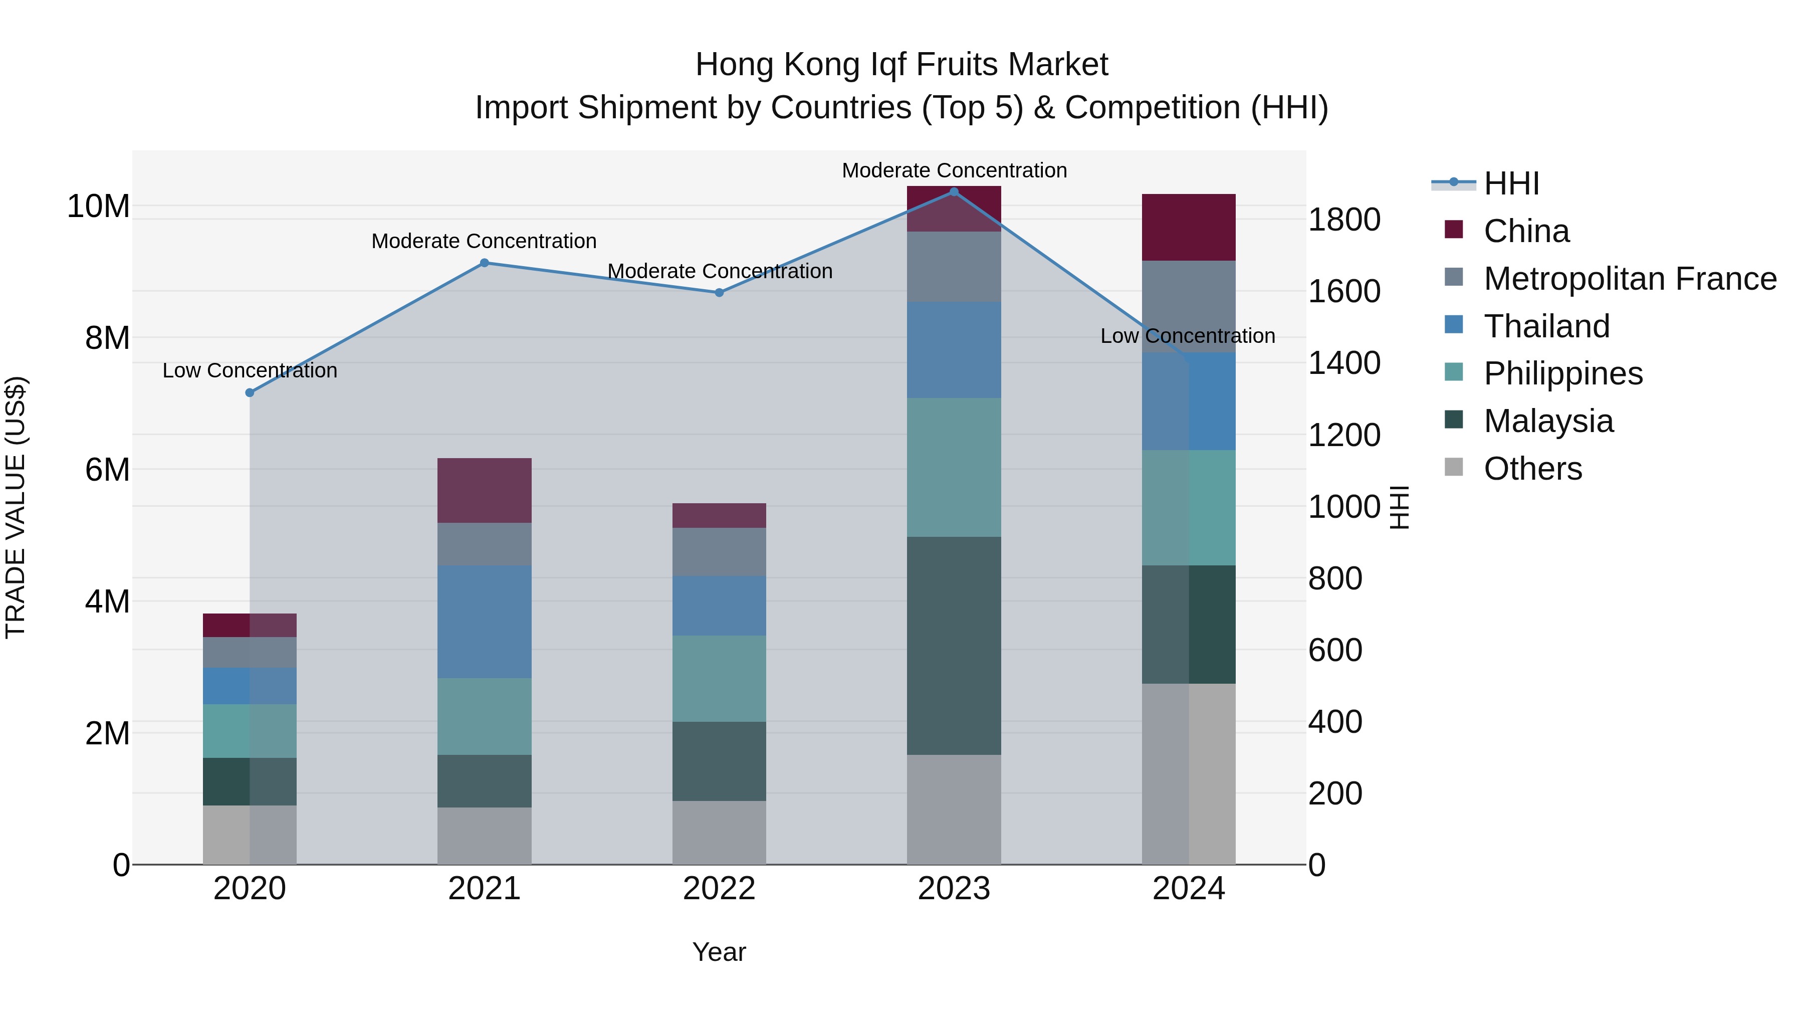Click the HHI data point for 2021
(484, 263)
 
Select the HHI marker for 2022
(719, 293)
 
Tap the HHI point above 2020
(250, 393)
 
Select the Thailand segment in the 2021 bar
(484, 622)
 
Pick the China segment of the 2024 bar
(1189, 227)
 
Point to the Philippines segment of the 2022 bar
(719, 678)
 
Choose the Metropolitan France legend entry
(1630, 279)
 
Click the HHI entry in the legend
(1511, 183)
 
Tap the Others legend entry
(1532, 469)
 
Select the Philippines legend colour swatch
(1454, 373)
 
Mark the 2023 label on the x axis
(954, 889)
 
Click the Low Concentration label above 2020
(250, 370)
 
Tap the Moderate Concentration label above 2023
(954, 170)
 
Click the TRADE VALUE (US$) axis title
(16, 507)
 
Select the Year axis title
(719, 952)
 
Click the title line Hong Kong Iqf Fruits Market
(901, 65)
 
